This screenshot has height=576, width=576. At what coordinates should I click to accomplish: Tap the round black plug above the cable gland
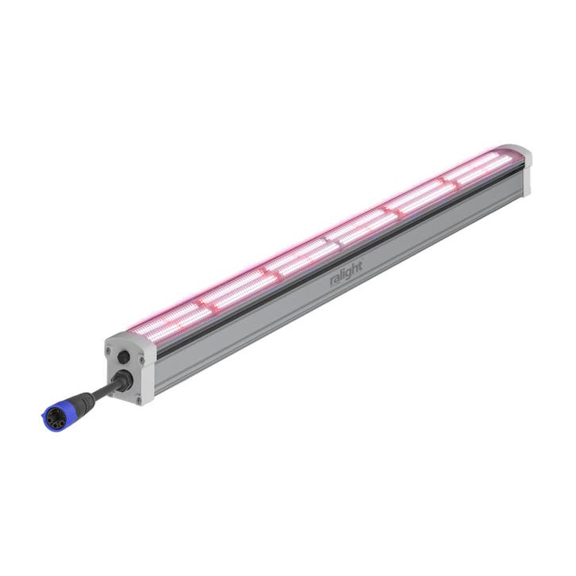(x=124, y=356)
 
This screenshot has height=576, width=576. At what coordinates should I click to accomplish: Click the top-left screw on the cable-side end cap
(x=108, y=350)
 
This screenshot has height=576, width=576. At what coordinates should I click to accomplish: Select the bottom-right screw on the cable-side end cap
(x=138, y=400)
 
